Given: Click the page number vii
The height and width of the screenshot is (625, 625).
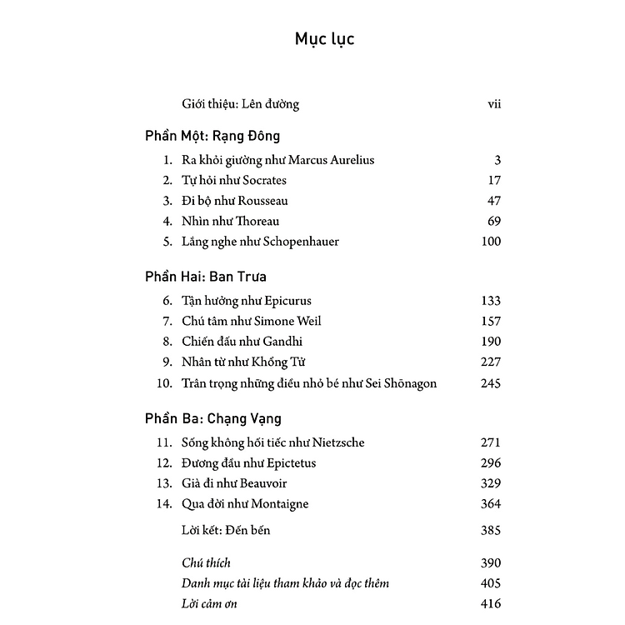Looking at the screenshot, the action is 492,105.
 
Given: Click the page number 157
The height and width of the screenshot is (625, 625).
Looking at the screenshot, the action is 491,321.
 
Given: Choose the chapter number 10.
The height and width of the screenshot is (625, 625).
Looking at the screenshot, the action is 165,383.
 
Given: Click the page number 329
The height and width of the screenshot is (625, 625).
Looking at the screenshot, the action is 491,483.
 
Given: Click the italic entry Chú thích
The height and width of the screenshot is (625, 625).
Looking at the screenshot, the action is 206,563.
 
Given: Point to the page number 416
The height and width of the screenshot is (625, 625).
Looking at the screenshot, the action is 491,603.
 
